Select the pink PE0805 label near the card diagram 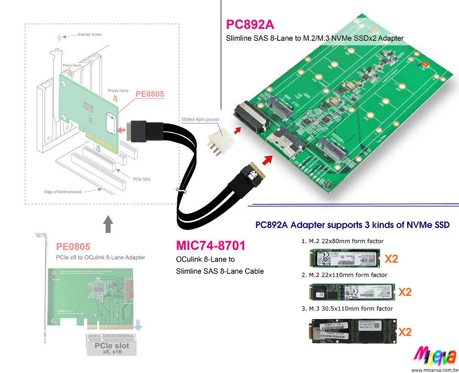click(150, 94)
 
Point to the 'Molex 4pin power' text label click(201, 119)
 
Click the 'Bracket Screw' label click(90, 34)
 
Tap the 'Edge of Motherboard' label click(62, 192)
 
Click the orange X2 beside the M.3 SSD click(404, 332)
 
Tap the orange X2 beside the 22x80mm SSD click(391, 258)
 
